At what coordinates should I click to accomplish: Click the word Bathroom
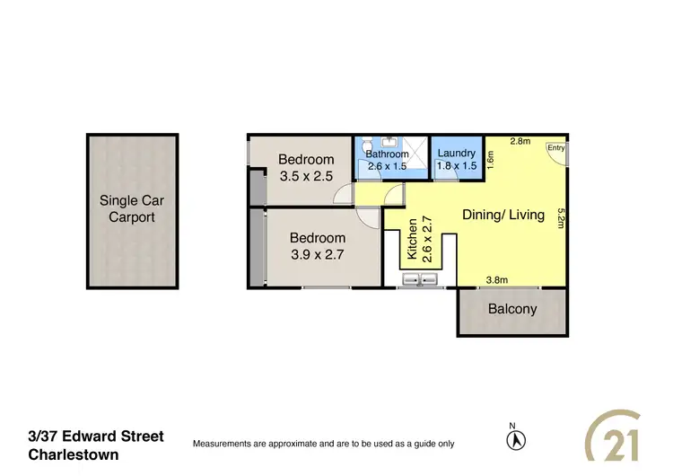click(x=387, y=154)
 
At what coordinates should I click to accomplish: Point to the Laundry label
click(x=456, y=154)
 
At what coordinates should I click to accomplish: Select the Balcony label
click(x=512, y=309)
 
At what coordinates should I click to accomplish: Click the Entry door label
click(x=555, y=148)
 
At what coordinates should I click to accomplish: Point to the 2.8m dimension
click(x=520, y=141)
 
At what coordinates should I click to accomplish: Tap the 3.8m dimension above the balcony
click(x=496, y=280)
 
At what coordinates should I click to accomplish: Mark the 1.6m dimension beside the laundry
click(x=491, y=159)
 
